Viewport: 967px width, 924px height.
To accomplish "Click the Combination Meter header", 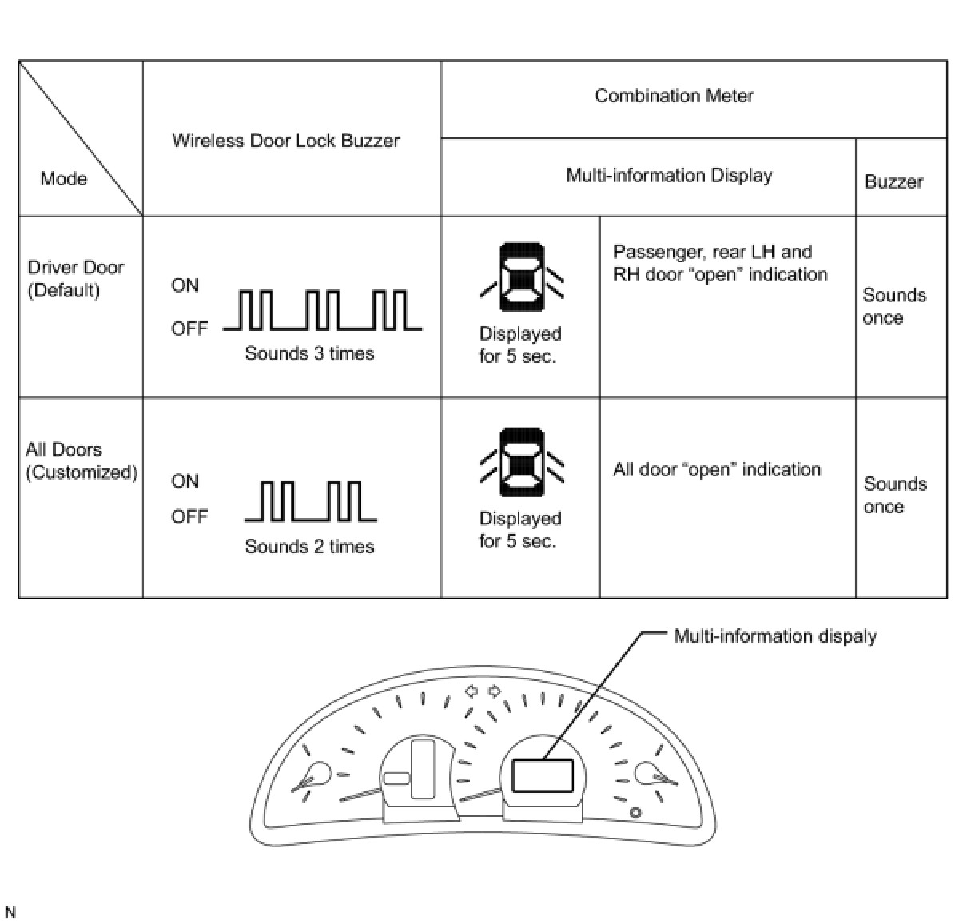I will (674, 96).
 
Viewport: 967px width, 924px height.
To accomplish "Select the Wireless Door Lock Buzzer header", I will (285, 141).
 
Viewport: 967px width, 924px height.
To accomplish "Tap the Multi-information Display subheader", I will (669, 175).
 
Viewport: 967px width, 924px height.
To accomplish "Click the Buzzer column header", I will (893, 181).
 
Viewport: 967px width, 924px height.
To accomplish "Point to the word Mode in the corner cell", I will (63, 178).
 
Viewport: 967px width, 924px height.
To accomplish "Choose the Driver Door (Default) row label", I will (75, 278).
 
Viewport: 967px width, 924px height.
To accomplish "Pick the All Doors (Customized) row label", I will (81, 460).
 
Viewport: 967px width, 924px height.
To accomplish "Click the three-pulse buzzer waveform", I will (323, 310).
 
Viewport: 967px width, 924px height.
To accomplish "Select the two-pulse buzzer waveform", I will (311, 501).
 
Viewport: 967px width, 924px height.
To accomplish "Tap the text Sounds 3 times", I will (309, 353).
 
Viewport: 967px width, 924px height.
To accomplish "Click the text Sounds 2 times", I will (309, 547).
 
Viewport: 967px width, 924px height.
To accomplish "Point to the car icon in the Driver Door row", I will (521, 277).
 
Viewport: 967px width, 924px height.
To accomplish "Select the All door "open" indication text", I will (717, 469).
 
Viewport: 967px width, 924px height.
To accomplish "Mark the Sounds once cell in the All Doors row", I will (894, 495).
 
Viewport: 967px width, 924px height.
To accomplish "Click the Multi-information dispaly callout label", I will (774, 636).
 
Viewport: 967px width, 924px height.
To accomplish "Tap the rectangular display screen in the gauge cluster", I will (543, 775).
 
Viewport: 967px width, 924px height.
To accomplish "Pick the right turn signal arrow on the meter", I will (495, 690).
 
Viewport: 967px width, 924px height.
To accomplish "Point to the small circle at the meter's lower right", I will (635, 814).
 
